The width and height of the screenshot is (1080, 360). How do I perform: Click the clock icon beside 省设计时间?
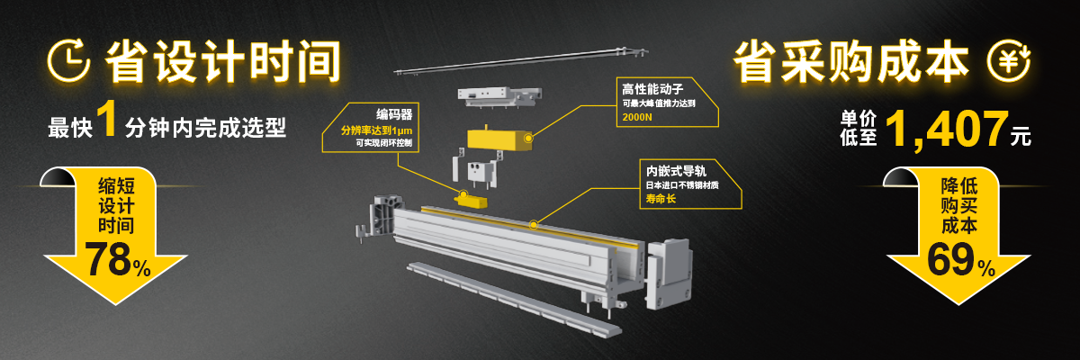click(x=68, y=61)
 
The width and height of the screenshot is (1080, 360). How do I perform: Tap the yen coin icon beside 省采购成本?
click(x=1008, y=61)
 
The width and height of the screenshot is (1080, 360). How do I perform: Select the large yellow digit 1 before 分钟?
click(x=107, y=118)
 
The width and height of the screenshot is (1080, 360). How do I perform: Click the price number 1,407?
click(x=947, y=129)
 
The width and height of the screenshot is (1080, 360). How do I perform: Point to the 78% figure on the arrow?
click(x=118, y=260)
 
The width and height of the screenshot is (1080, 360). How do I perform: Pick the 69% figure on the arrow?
click(x=961, y=260)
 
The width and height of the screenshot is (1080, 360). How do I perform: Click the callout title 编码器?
click(x=394, y=114)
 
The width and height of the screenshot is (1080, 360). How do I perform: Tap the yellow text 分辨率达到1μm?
click(x=376, y=130)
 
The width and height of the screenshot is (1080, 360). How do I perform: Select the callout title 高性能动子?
click(x=652, y=89)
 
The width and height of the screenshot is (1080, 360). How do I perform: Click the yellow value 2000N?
click(x=637, y=117)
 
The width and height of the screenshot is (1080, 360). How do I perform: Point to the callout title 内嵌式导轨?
click(x=676, y=171)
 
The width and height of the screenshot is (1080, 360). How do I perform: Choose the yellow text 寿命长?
click(x=661, y=199)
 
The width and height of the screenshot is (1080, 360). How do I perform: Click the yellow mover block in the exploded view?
click(x=500, y=139)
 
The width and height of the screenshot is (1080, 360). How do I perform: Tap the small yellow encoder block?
click(x=471, y=200)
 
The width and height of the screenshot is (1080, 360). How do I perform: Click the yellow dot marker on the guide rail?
click(x=533, y=225)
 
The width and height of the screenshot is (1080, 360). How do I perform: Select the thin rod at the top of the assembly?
click(x=521, y=61)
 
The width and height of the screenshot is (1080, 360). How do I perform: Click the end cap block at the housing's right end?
click(x=670, y=274)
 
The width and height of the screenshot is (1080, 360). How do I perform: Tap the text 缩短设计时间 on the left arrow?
click(x=116, y=206)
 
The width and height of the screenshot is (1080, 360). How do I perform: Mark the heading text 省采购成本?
click(x=851, y=62)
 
